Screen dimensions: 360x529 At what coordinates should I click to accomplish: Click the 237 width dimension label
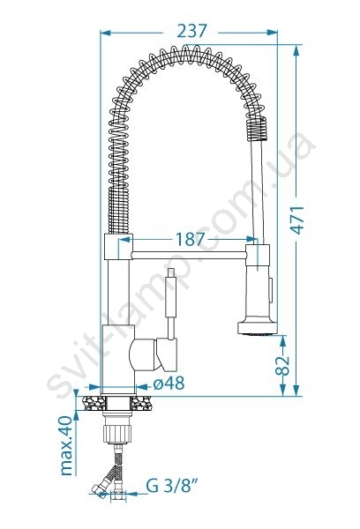coord(191,32)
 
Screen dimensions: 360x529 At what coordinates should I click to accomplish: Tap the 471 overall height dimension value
coord(297,220)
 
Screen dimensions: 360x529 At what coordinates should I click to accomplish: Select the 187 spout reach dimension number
coord(190,240)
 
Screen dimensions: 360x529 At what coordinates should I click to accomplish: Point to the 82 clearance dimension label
coord(282,365)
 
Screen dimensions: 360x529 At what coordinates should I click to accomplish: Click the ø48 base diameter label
coord(169,384)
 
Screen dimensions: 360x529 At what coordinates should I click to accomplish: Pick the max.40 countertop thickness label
coord(66,445)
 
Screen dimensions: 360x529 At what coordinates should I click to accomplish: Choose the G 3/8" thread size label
coord(171,486)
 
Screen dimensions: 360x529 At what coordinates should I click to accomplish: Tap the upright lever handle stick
coord(171,303)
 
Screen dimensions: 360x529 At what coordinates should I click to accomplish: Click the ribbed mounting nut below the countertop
coord(116,434)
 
